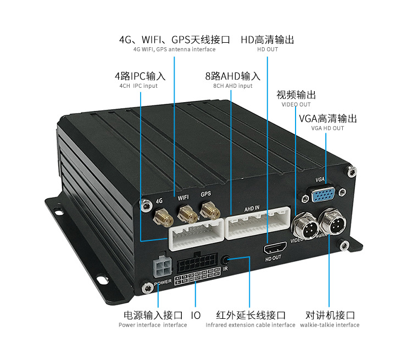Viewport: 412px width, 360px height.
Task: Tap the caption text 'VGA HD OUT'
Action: pyautogui.click(x=327, y=128)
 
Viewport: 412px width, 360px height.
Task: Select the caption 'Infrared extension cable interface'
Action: pyautogui.click(x=250, y=325)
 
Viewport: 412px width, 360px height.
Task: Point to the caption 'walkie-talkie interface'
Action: pyautogui.click(x=330, y=325)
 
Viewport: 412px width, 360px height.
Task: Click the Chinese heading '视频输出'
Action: pyautogui.click(x=296, y=94)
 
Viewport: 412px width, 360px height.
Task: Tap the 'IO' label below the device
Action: pyautogui.click(x=196, y=315)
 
